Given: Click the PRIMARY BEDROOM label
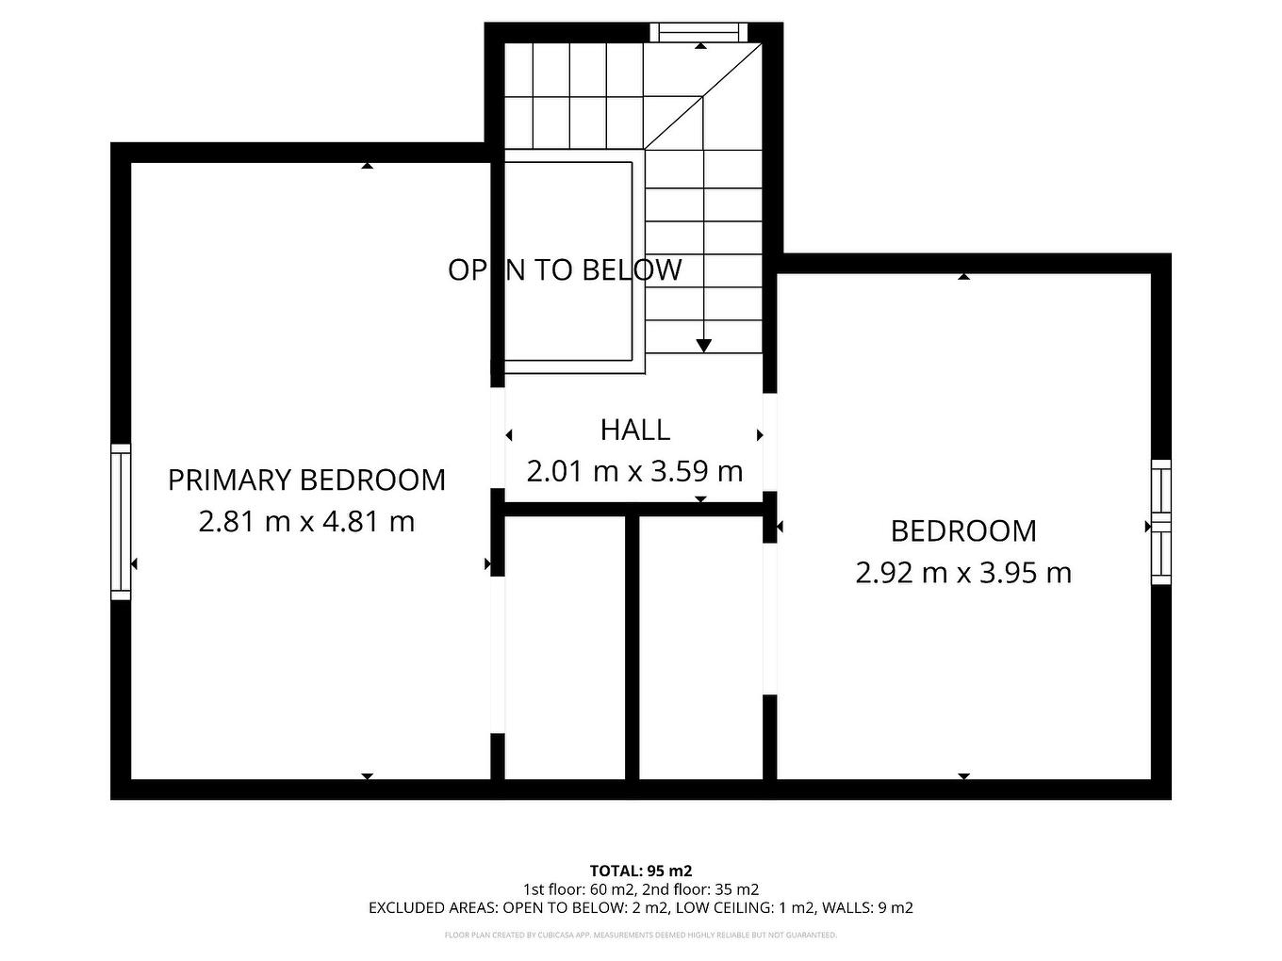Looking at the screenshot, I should point(306,480).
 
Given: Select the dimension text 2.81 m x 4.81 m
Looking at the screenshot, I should point(306,521).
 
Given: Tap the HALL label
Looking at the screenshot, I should point(634,430).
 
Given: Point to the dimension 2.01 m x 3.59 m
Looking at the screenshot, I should point(634,471).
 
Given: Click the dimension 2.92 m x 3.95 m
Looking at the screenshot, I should point(962,573).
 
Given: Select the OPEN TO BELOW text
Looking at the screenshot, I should point(564,270).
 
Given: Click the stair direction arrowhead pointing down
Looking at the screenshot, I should point(703,346).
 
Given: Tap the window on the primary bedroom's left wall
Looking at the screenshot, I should point(121,522).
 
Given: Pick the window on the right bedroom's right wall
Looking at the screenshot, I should point(1160,522).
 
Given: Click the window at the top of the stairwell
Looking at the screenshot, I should point(699,32).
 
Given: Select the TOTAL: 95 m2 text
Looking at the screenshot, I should point(640,871).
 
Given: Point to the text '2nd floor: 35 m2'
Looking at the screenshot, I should point(701,889).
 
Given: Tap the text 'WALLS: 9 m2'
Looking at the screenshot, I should point(867,908).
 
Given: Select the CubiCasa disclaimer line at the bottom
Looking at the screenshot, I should point(640,936).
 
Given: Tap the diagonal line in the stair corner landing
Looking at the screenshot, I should point(702,94).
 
